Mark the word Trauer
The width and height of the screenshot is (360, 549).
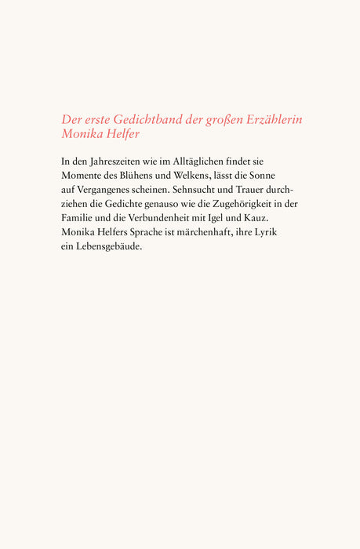coord(267,190)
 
